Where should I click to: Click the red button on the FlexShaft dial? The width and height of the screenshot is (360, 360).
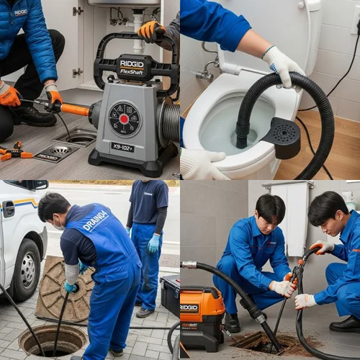(x=124, y=119)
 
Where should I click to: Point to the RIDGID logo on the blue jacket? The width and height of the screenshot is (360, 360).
(x=21, y=12)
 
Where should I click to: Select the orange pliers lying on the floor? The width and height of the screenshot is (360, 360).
(x=14, y=152)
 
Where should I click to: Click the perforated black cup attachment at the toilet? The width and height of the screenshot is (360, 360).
(x=281, y=137)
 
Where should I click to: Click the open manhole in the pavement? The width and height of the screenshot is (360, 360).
(x=52, y=340)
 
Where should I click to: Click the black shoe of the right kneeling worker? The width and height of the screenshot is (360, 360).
(x=345, y=325)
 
